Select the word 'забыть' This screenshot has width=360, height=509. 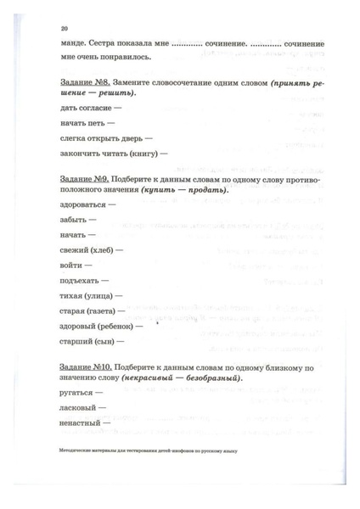click(76, 220)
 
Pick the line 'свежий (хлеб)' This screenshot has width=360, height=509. click(87, 250)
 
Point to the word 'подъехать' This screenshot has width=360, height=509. click(82, 281)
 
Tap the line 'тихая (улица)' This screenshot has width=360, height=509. click(87, 296)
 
